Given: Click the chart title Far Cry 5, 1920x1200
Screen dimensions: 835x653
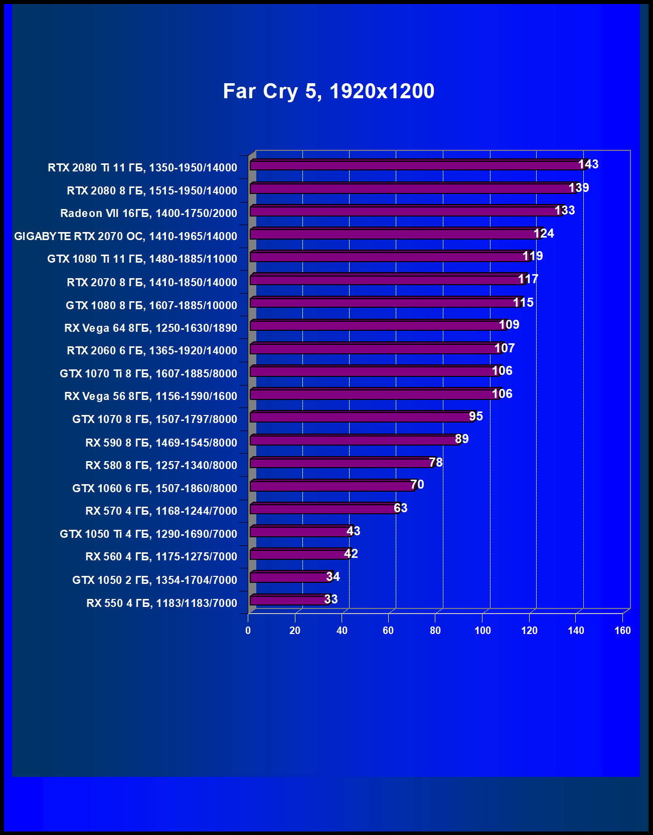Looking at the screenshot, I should (329, 91).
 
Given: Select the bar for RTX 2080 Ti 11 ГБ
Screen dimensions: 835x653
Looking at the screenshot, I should (416, 165).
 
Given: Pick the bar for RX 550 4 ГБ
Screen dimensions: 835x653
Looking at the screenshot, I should (290, 600).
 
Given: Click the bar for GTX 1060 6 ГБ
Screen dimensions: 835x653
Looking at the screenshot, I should (333, 486).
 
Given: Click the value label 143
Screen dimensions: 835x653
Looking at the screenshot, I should (588, 164).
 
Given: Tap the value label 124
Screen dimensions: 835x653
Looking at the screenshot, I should (544, 234).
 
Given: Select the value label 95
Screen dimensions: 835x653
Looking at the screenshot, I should (476, 416).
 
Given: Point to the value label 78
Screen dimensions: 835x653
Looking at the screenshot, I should (436, 463).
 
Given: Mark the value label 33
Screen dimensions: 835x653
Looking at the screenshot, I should (331, 599).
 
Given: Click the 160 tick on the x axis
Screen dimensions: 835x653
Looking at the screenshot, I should (622, 631).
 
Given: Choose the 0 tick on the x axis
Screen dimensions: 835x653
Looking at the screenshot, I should (248, 631).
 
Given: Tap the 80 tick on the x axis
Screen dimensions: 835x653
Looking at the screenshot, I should (435, 631).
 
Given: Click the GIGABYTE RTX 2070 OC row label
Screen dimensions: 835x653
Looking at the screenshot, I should (125, 236).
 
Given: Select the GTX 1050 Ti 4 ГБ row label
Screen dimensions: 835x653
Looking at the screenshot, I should (148, 534).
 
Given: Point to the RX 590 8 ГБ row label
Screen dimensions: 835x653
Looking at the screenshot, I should (161, 443).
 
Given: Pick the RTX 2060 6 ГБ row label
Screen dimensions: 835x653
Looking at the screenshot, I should (152, 350).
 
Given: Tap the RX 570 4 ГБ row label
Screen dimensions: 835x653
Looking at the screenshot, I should (161, 511).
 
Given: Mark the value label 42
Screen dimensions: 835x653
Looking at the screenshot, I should (351, 554).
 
